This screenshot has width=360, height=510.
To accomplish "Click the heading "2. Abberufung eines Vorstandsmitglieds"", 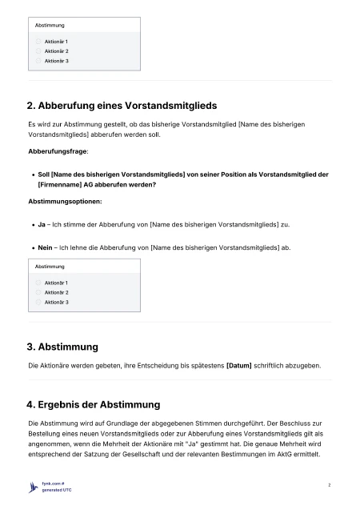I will (x=122, y=105).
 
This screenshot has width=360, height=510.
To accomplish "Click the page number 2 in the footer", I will (x=330, y=485).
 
